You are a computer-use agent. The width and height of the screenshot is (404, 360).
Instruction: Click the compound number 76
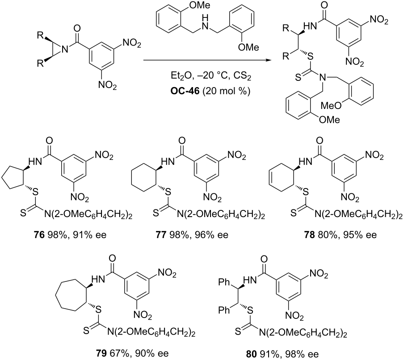point(38,235)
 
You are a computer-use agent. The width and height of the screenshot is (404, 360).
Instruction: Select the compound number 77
point(161,235)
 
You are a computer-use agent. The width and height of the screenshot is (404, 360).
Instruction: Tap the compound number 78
point(309,235)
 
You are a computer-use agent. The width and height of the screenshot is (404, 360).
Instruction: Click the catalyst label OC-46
point(185,92)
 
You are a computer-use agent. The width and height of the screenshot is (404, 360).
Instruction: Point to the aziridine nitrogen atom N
point(65,48)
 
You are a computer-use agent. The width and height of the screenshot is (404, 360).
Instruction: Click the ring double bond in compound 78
point(271,177)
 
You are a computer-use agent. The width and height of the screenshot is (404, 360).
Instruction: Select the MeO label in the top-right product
point(329,105)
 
